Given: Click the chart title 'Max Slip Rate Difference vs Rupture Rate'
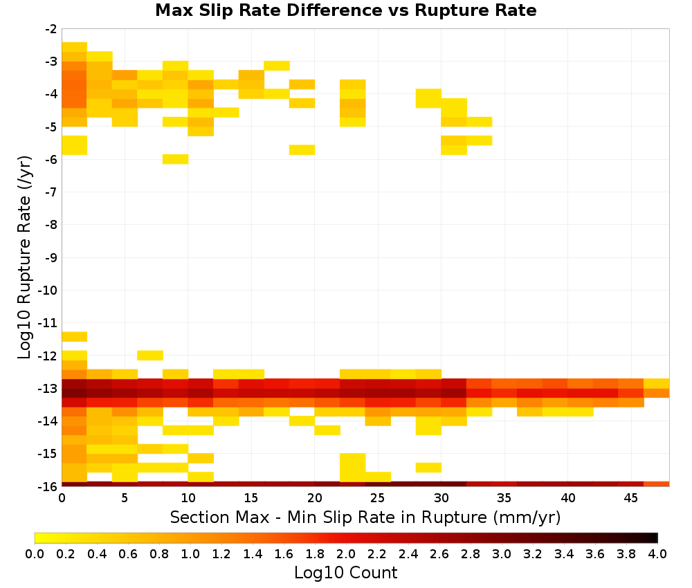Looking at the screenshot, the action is pyautogui.click(x=345, y=10).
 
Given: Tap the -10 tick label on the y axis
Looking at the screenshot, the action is pyautogui.click(x=48, y=291).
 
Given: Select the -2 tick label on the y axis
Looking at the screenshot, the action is pyautogui.click(x=52, y=29).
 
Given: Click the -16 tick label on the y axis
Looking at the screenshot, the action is pyautogui.click(x=48, y=486).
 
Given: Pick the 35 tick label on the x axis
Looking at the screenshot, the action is pyautogui.click(x=504, y=498).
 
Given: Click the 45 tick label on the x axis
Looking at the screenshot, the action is pyautogui.click(x=630, y=498).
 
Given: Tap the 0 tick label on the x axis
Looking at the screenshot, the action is pyautogui.click(x=62, y=498).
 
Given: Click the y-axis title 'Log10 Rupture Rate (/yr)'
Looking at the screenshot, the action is pyautogui.click(x=24, y=257).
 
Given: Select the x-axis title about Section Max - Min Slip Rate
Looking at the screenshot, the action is pyautogui.click(x=365, y=517).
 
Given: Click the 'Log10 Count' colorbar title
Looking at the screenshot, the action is pyautogui.click(x=345, y=573).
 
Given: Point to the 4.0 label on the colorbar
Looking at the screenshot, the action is pyautogui.click(x=657, y=553).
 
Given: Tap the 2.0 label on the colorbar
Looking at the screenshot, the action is pyautogui.click(x=346, y=553).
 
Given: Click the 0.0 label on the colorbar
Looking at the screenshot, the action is pyautogui.click(x=35, y=553).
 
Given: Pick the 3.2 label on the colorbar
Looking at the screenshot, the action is pyautogui.click(x=533, y=553).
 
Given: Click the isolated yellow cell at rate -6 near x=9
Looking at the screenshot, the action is pyautogui.click(x=176, y=159).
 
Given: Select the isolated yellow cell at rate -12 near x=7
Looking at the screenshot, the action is pyautogui.click(x=150, y=355).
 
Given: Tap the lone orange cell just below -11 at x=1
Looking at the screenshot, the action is pyautogui.click(x=75, y=337).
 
